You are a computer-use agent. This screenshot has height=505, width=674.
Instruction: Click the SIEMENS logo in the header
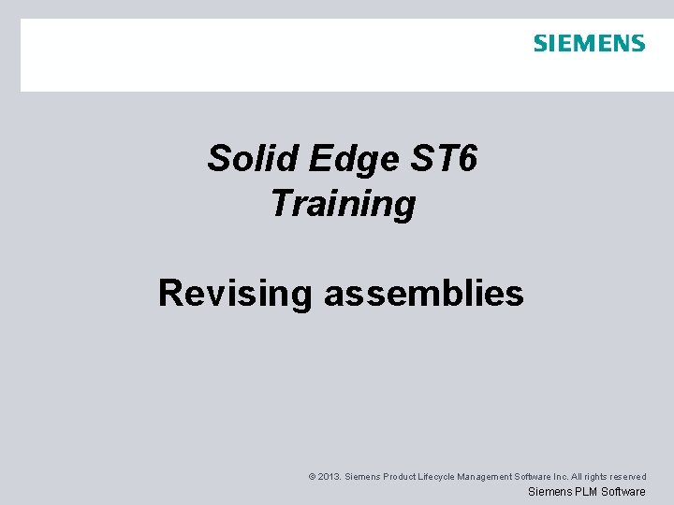click(589, 43)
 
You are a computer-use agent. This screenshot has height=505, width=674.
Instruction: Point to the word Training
click(343, 203)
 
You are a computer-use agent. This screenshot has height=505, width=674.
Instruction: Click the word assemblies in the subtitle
click(424, 293)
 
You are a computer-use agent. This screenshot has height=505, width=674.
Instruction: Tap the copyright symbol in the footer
click(311, 477)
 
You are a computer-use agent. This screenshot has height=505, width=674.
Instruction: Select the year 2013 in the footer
click(329, 477)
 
